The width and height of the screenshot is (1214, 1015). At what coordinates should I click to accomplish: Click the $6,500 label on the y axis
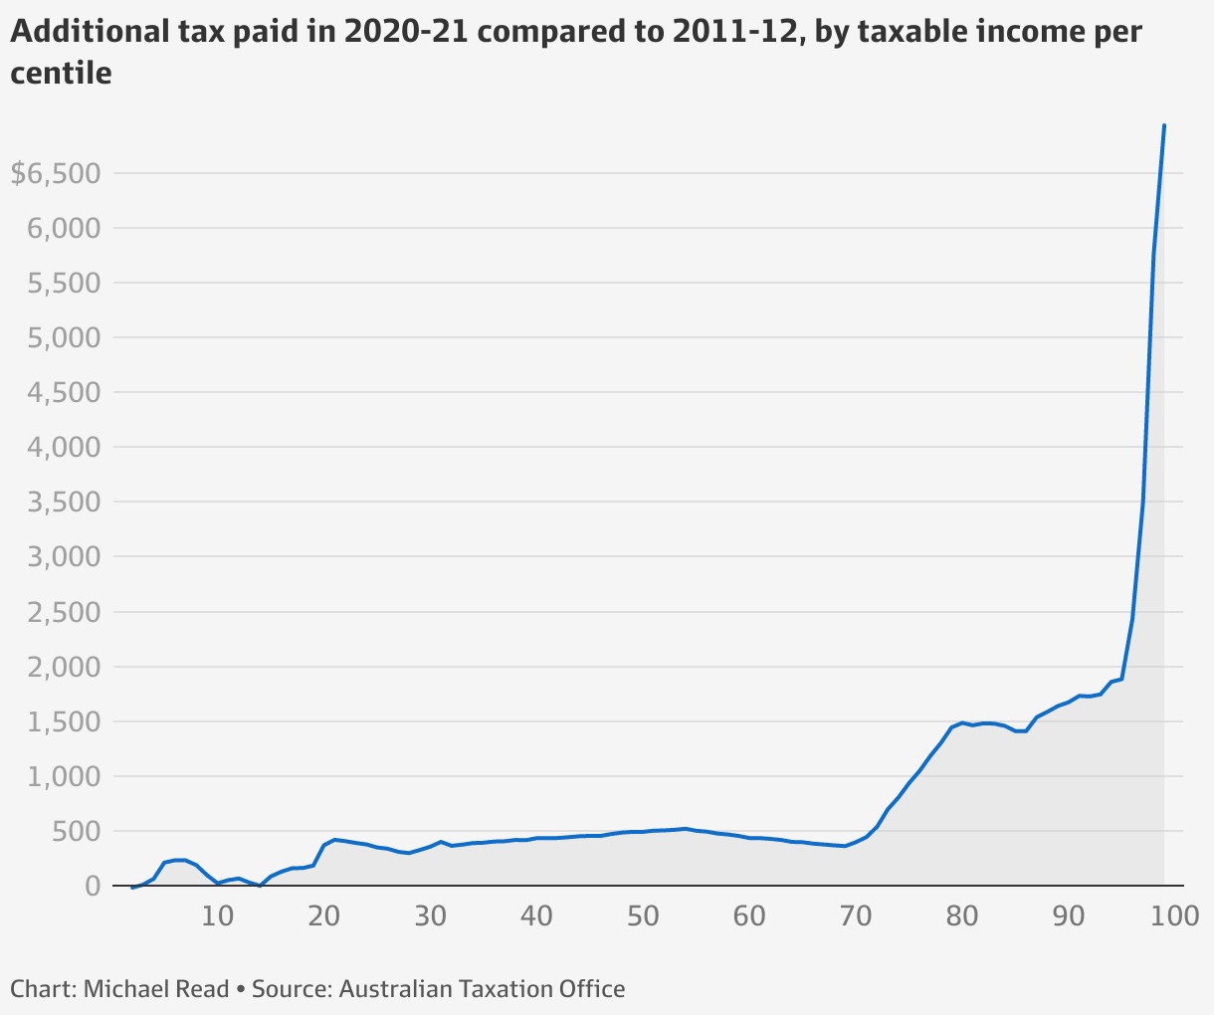coord(56,174)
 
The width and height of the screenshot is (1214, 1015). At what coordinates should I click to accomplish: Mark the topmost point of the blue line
coord(1164,125)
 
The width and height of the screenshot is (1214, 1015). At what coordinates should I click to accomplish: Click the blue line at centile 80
coord(962,722)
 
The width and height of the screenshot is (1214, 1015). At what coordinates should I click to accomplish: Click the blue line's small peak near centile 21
coord(334,840)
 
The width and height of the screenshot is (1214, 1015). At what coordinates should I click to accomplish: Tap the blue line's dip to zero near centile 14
coord(260,885)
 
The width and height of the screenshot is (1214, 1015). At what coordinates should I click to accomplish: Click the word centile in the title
coord(61,73)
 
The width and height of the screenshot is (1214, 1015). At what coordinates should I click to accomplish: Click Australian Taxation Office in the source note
coord(482,989)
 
